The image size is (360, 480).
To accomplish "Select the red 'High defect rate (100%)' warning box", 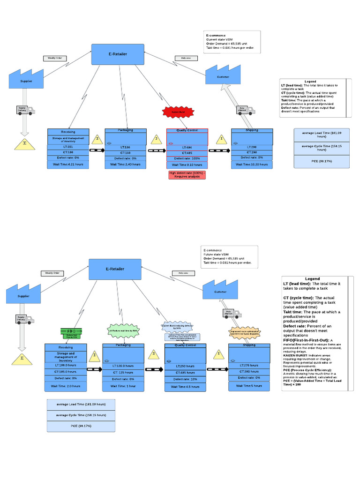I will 187,175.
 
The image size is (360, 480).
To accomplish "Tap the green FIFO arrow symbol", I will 71,332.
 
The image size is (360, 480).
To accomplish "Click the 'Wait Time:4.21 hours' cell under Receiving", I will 68,165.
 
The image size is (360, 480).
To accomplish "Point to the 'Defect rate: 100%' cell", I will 187,158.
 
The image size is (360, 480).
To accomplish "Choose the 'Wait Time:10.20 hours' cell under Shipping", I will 252,165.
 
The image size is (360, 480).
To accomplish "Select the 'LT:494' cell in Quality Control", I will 187,147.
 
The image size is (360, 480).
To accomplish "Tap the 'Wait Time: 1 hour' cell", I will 123,386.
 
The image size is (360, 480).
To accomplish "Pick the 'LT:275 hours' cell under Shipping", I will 249,365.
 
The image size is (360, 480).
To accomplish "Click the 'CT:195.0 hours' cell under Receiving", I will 65,371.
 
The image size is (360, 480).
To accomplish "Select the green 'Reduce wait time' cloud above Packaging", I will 123,330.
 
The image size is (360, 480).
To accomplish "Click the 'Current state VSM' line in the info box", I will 219,39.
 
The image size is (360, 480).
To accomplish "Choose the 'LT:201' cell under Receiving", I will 68,147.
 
